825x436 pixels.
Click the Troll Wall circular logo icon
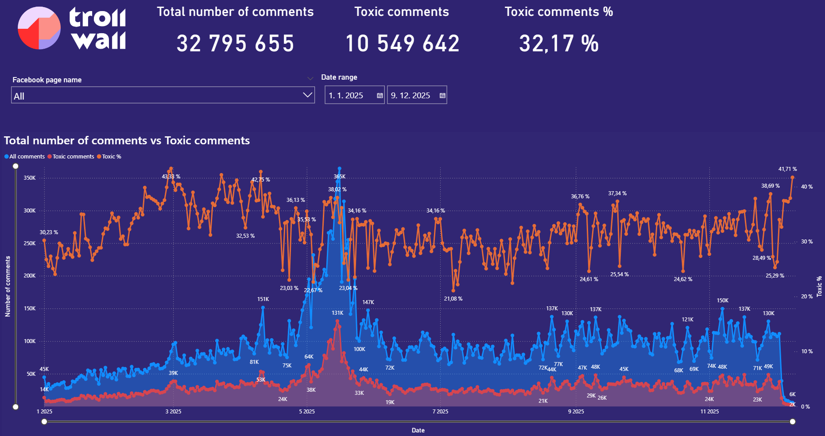[x=39, y=28]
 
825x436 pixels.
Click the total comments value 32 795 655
[x=235, y=43]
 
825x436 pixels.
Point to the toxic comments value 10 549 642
[x=402, y=43]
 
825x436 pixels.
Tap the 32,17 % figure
[x=559, y=43]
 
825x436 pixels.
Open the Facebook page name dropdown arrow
[x=307, y=95]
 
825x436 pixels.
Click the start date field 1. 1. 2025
[x=350, y=96]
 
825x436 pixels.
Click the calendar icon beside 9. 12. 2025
[x=442, y=96]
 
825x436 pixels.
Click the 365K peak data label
[x=339, y=177]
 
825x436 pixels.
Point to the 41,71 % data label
[x=787, y=169]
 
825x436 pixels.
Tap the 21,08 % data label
[x=453, y=299]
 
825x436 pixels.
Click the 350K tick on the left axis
[x=30, y=178]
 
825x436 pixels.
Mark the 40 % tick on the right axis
[x=806, y=187]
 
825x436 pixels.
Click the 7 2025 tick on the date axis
[x=440, y=412]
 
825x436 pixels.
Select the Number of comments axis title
[x=8, y=287]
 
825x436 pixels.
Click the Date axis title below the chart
[x=418, y=430]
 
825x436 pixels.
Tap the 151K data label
[x=263, y=299]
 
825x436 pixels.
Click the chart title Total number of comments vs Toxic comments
[x=127, y=141]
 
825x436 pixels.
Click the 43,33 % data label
[x=171, y=177]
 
